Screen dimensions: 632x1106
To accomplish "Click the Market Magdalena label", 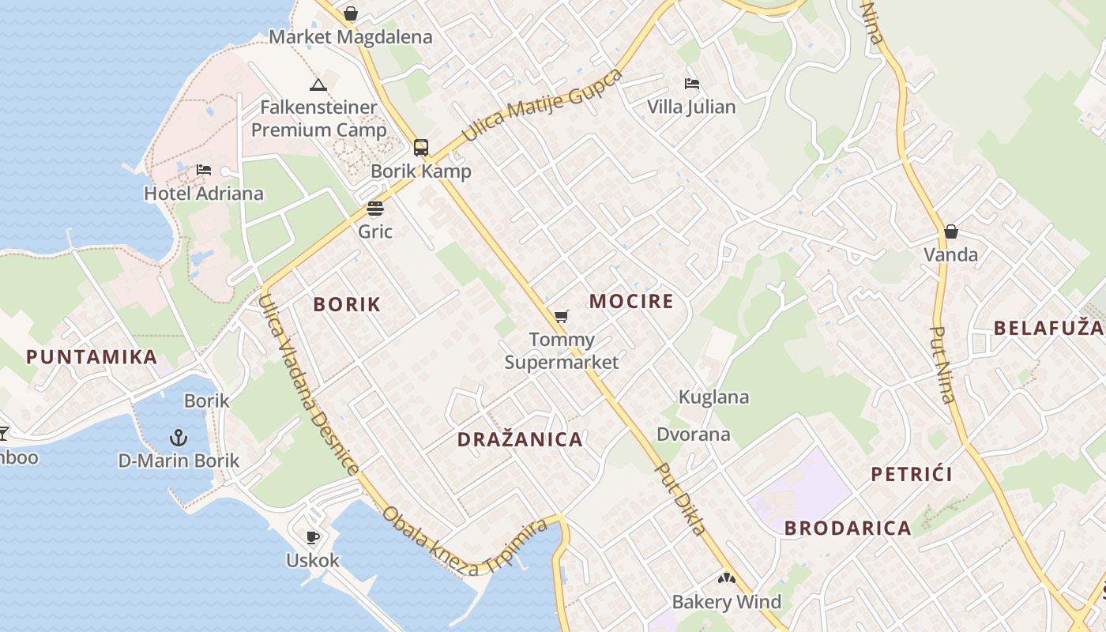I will tap(351, 37).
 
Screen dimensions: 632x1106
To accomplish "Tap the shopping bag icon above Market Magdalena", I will tap(351, 13).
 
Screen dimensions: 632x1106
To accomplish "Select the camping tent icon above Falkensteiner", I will tap(318, 85).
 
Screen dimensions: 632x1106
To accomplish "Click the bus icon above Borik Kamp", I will tap(421, 147).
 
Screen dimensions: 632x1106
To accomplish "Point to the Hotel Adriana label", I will tap(204, 193).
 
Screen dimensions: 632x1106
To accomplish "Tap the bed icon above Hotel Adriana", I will tap(204, 169).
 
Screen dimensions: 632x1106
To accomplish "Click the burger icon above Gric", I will tap(375, 209).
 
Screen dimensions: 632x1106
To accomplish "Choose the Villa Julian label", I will tap(691, 107).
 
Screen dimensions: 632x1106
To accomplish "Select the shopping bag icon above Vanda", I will tap(951, 231).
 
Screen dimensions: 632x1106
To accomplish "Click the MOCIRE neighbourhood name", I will tap(631, 301).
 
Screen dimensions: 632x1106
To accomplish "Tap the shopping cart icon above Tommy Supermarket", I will tap(561, 317).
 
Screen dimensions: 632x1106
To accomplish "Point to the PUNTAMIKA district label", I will tap(92, 356).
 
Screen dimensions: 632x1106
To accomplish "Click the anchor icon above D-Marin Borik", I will tap(179, 437).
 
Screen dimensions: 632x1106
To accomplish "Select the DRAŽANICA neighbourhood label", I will tap(520, 439).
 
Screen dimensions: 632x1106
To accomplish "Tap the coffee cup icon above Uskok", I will tap(313, 537).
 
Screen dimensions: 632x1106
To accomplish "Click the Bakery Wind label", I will tap(726, 602).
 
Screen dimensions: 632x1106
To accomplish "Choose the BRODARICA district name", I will tap(848, 529).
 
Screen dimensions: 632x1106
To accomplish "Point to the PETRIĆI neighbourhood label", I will tap(911, 474).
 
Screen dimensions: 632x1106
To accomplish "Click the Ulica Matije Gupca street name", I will tap(542, 105).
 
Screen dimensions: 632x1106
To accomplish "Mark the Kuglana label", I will tap(713, 397).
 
